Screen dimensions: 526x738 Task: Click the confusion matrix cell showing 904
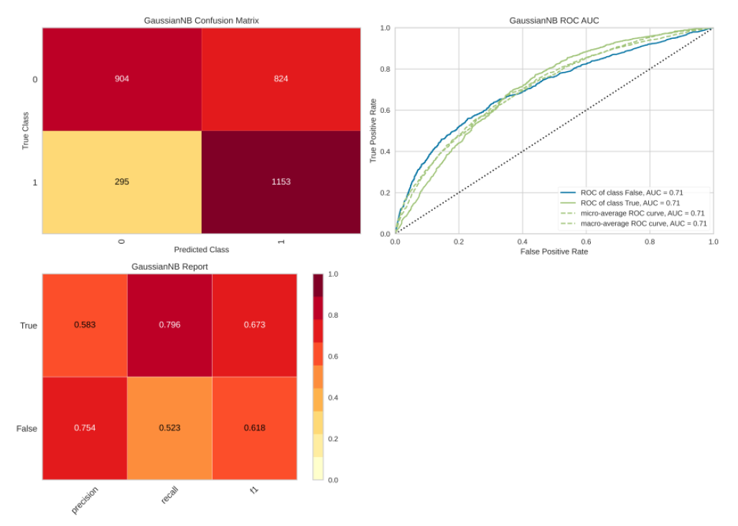(122, 78)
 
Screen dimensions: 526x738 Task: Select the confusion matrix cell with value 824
(281, 78)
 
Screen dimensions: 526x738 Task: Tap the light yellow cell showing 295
(122, 182)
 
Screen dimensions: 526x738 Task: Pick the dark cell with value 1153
(281, 182)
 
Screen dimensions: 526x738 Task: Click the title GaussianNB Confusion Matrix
(201, 21)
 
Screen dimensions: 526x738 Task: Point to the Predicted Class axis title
(201, 249)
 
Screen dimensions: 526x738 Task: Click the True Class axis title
(25, 130)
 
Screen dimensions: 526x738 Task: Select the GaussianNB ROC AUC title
(553, 21)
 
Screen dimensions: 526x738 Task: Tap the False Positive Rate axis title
(553, 252)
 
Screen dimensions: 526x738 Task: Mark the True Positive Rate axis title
(373, 130)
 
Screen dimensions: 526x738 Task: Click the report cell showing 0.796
(169, 325)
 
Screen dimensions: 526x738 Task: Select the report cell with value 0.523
(169, 428)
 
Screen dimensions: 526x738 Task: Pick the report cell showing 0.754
(85, 428)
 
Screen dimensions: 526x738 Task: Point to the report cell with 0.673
(254, 325)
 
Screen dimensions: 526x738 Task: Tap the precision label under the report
(85, 500)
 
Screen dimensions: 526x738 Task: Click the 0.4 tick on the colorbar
(332, 397)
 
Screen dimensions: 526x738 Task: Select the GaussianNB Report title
(169, 267)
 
